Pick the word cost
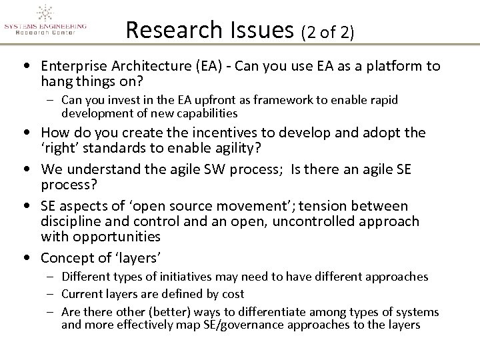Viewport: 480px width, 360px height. [x=231, y=293]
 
